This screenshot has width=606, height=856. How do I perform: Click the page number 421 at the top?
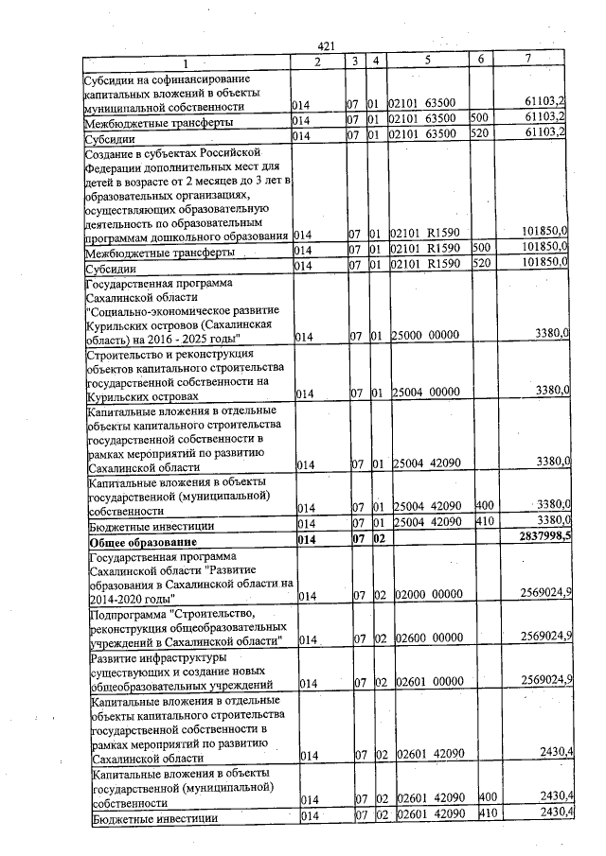[x=327, y=46]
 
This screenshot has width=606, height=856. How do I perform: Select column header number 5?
[x=428, y=61]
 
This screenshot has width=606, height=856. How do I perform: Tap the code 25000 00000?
[x=426, y=335]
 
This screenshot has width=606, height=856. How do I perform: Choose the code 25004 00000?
[x=426, y=392]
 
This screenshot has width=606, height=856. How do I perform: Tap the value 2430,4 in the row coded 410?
[x=550, y=813]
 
